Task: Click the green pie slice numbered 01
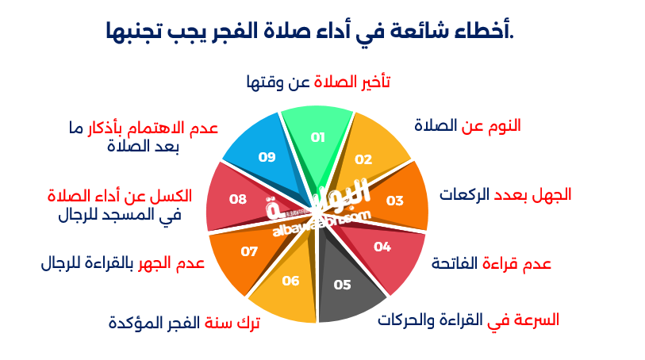(318, 137)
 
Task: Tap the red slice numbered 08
(236, 199)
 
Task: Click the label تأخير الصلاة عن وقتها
(318, 82)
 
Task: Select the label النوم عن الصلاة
(468, 125)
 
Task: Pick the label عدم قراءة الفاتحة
(491, 263)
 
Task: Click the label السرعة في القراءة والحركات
(468, 320)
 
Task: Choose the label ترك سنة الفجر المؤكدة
(184, 322)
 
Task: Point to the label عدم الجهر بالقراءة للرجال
(123, 263)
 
